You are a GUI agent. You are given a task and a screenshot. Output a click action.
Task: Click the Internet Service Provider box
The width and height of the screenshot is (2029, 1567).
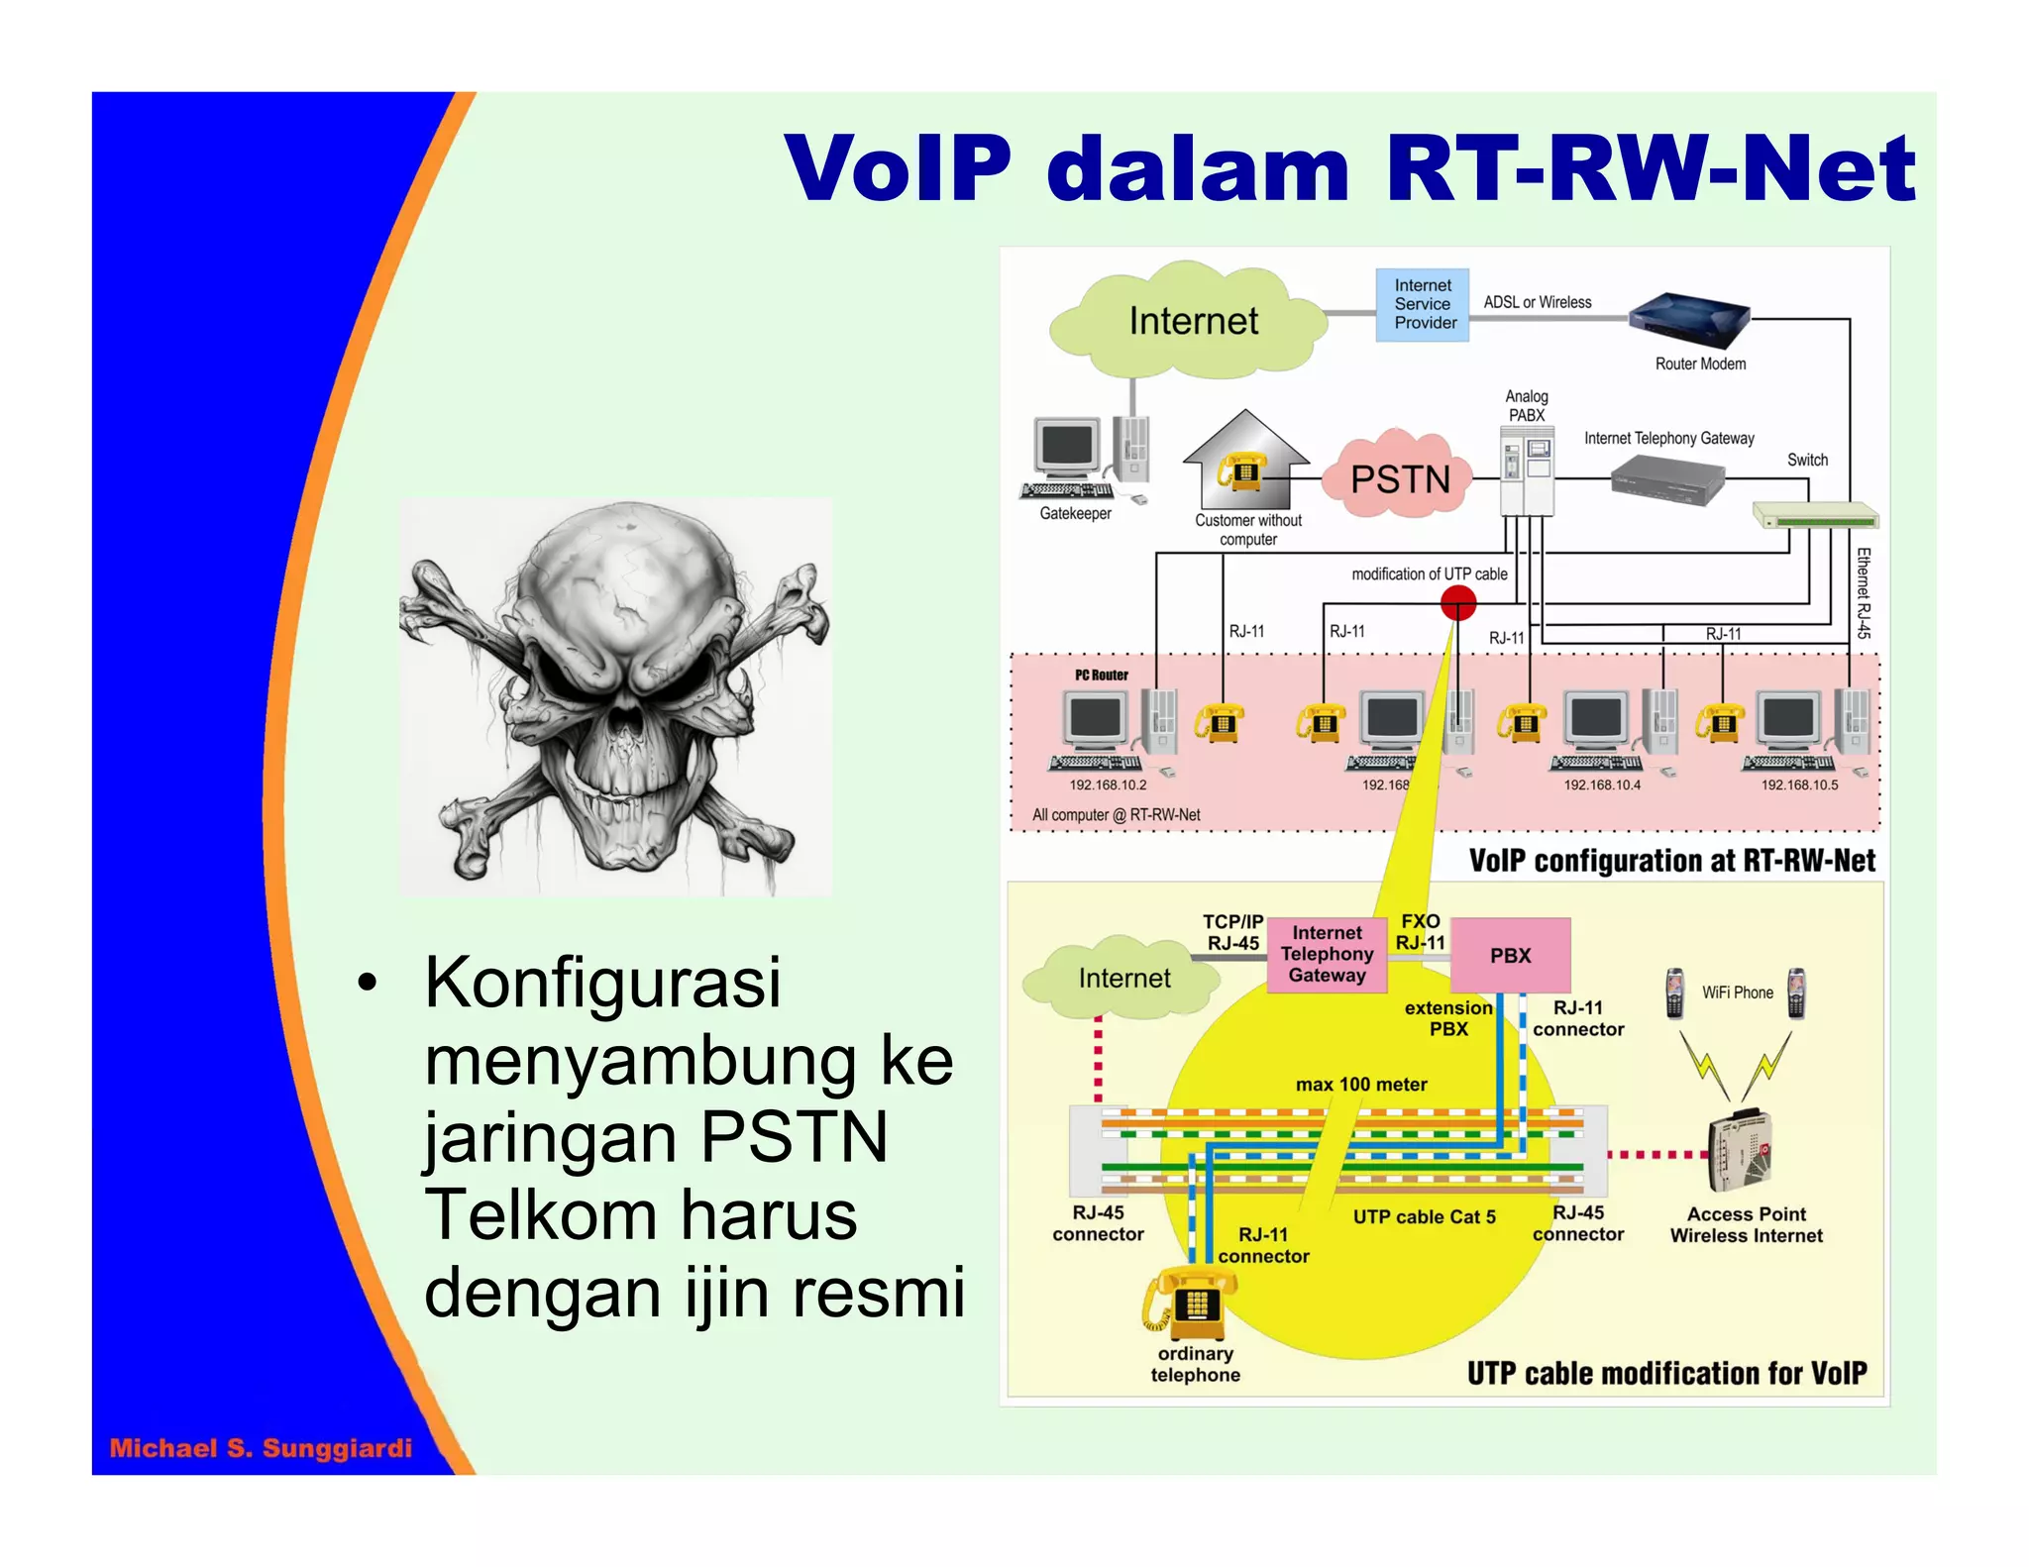[1422, 304]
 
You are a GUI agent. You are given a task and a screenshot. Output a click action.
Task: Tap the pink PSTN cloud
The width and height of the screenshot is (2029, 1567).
[1399, 479]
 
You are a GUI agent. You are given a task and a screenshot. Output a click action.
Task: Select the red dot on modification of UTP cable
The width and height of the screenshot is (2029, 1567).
[1457, 602]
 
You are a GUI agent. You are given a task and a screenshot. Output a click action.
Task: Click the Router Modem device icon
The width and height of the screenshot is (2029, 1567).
[1689, 319]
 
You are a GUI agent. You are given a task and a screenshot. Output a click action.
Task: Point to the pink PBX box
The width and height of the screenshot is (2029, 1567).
[1510, 955]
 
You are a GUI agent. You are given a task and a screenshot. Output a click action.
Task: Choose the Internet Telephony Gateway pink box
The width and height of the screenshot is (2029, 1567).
[1327, 954]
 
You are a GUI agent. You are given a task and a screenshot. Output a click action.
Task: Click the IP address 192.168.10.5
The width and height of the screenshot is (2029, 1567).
[1798, 784]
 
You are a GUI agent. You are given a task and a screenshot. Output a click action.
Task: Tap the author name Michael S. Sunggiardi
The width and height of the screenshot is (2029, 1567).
[261, 1448]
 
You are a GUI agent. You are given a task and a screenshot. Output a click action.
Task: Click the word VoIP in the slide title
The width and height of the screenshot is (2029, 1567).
[898, 168]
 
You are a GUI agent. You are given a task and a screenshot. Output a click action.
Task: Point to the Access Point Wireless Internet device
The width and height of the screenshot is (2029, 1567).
[1739, 1151]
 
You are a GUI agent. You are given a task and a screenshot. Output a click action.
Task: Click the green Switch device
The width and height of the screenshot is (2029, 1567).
[1815, 516]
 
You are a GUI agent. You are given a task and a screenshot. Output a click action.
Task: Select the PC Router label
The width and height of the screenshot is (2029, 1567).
[1102, 675]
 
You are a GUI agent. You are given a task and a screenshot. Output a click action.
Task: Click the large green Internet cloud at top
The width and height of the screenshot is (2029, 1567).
[1192, 321]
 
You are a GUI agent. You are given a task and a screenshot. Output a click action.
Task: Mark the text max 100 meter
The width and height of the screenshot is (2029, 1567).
[1361, 1084]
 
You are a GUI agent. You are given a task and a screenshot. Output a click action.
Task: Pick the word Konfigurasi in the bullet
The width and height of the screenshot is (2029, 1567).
[602, 983]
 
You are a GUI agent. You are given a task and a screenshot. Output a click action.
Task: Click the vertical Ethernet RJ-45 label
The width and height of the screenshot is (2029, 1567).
[1863, 592]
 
